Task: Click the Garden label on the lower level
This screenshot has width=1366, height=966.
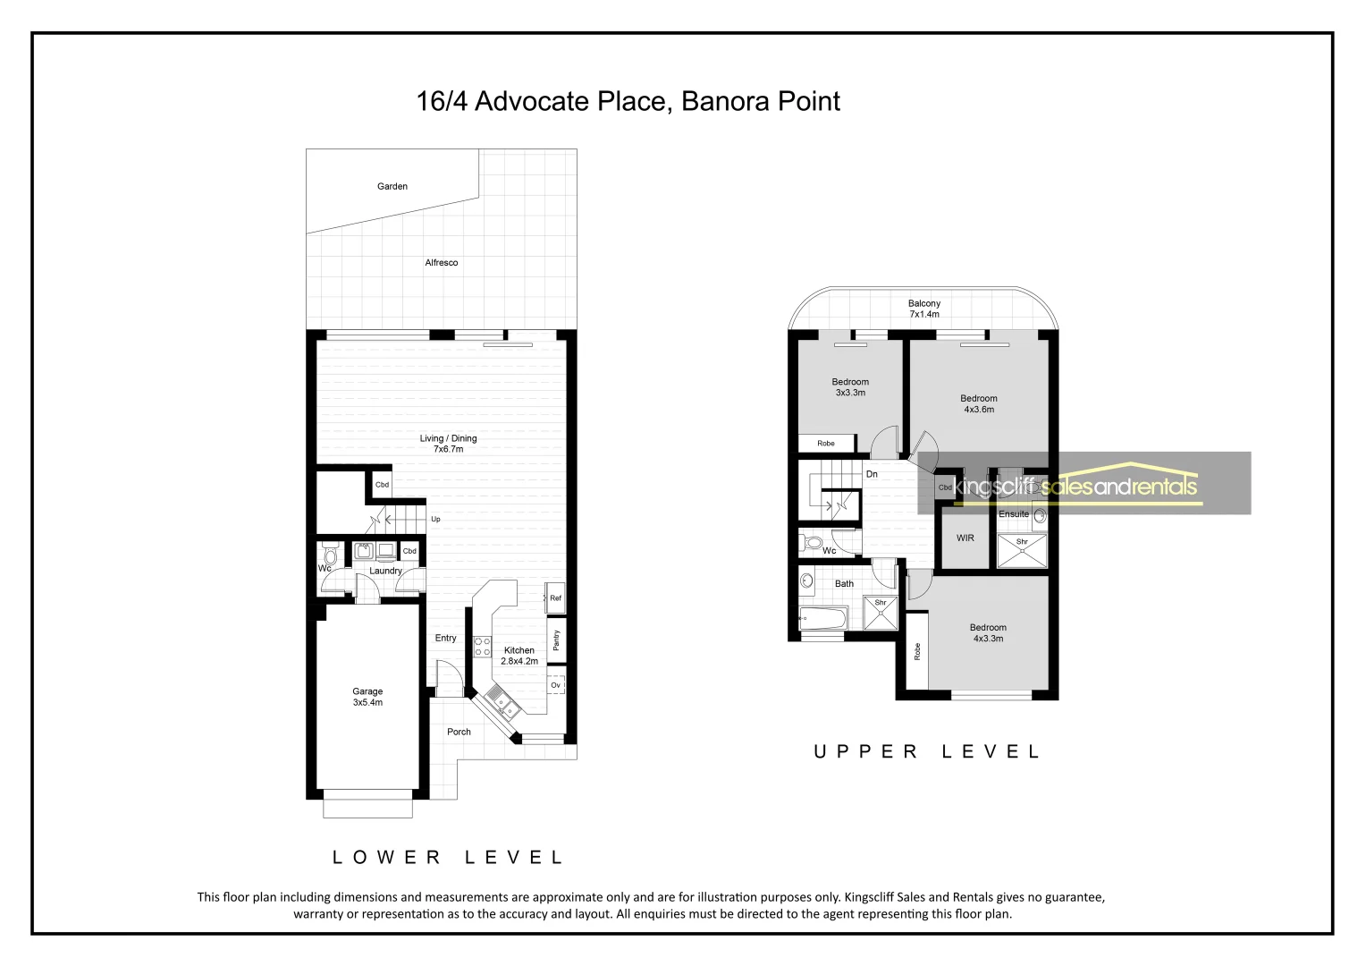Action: coord(392,187)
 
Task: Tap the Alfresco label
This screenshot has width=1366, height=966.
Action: coord(441,263)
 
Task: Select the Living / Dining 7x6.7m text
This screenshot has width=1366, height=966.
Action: coord(448,444)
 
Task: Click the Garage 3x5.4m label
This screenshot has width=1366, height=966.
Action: coord(367,697)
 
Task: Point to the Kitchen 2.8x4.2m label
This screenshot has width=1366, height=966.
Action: coord(519,656)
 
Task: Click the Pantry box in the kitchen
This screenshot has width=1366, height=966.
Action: coord(556,640)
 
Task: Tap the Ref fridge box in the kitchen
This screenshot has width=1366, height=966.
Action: coord(555,598)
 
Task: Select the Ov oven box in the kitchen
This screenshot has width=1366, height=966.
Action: coord(555,685)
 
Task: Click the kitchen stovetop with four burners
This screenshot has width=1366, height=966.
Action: coord(482,647)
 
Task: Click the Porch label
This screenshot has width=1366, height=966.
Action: coord(459,732)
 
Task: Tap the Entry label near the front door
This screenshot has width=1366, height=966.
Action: coord(445,638)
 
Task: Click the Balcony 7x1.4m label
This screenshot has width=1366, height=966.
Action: coord(923,309)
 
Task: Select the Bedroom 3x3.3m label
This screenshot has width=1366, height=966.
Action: coord(849,387)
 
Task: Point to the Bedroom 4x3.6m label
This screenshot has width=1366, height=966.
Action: coord(978,404)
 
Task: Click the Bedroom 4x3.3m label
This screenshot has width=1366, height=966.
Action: coord(987,633)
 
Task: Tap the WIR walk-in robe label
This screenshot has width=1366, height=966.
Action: coord(965,538)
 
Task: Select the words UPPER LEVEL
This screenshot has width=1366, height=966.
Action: coord(926,752)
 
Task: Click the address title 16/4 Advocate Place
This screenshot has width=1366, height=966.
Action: coord(628,102)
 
